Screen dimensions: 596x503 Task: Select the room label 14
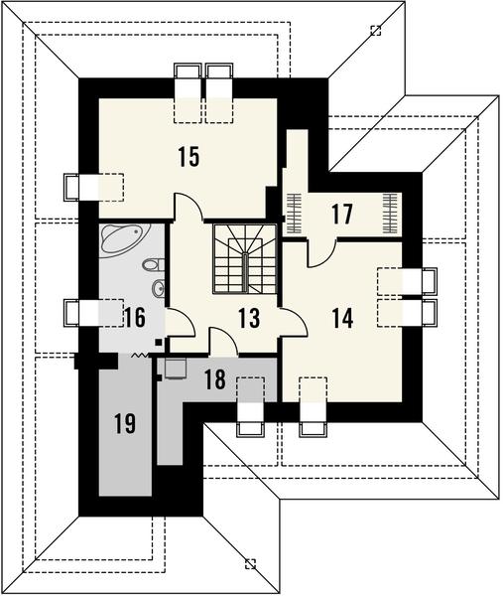(342, 318)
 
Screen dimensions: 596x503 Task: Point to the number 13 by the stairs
(249, 318)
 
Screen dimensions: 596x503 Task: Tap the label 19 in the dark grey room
(123, 425)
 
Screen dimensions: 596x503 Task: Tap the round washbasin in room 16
(157, 289)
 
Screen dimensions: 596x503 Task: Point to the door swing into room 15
(189, 207)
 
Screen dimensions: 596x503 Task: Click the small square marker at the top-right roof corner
(375, 31)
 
